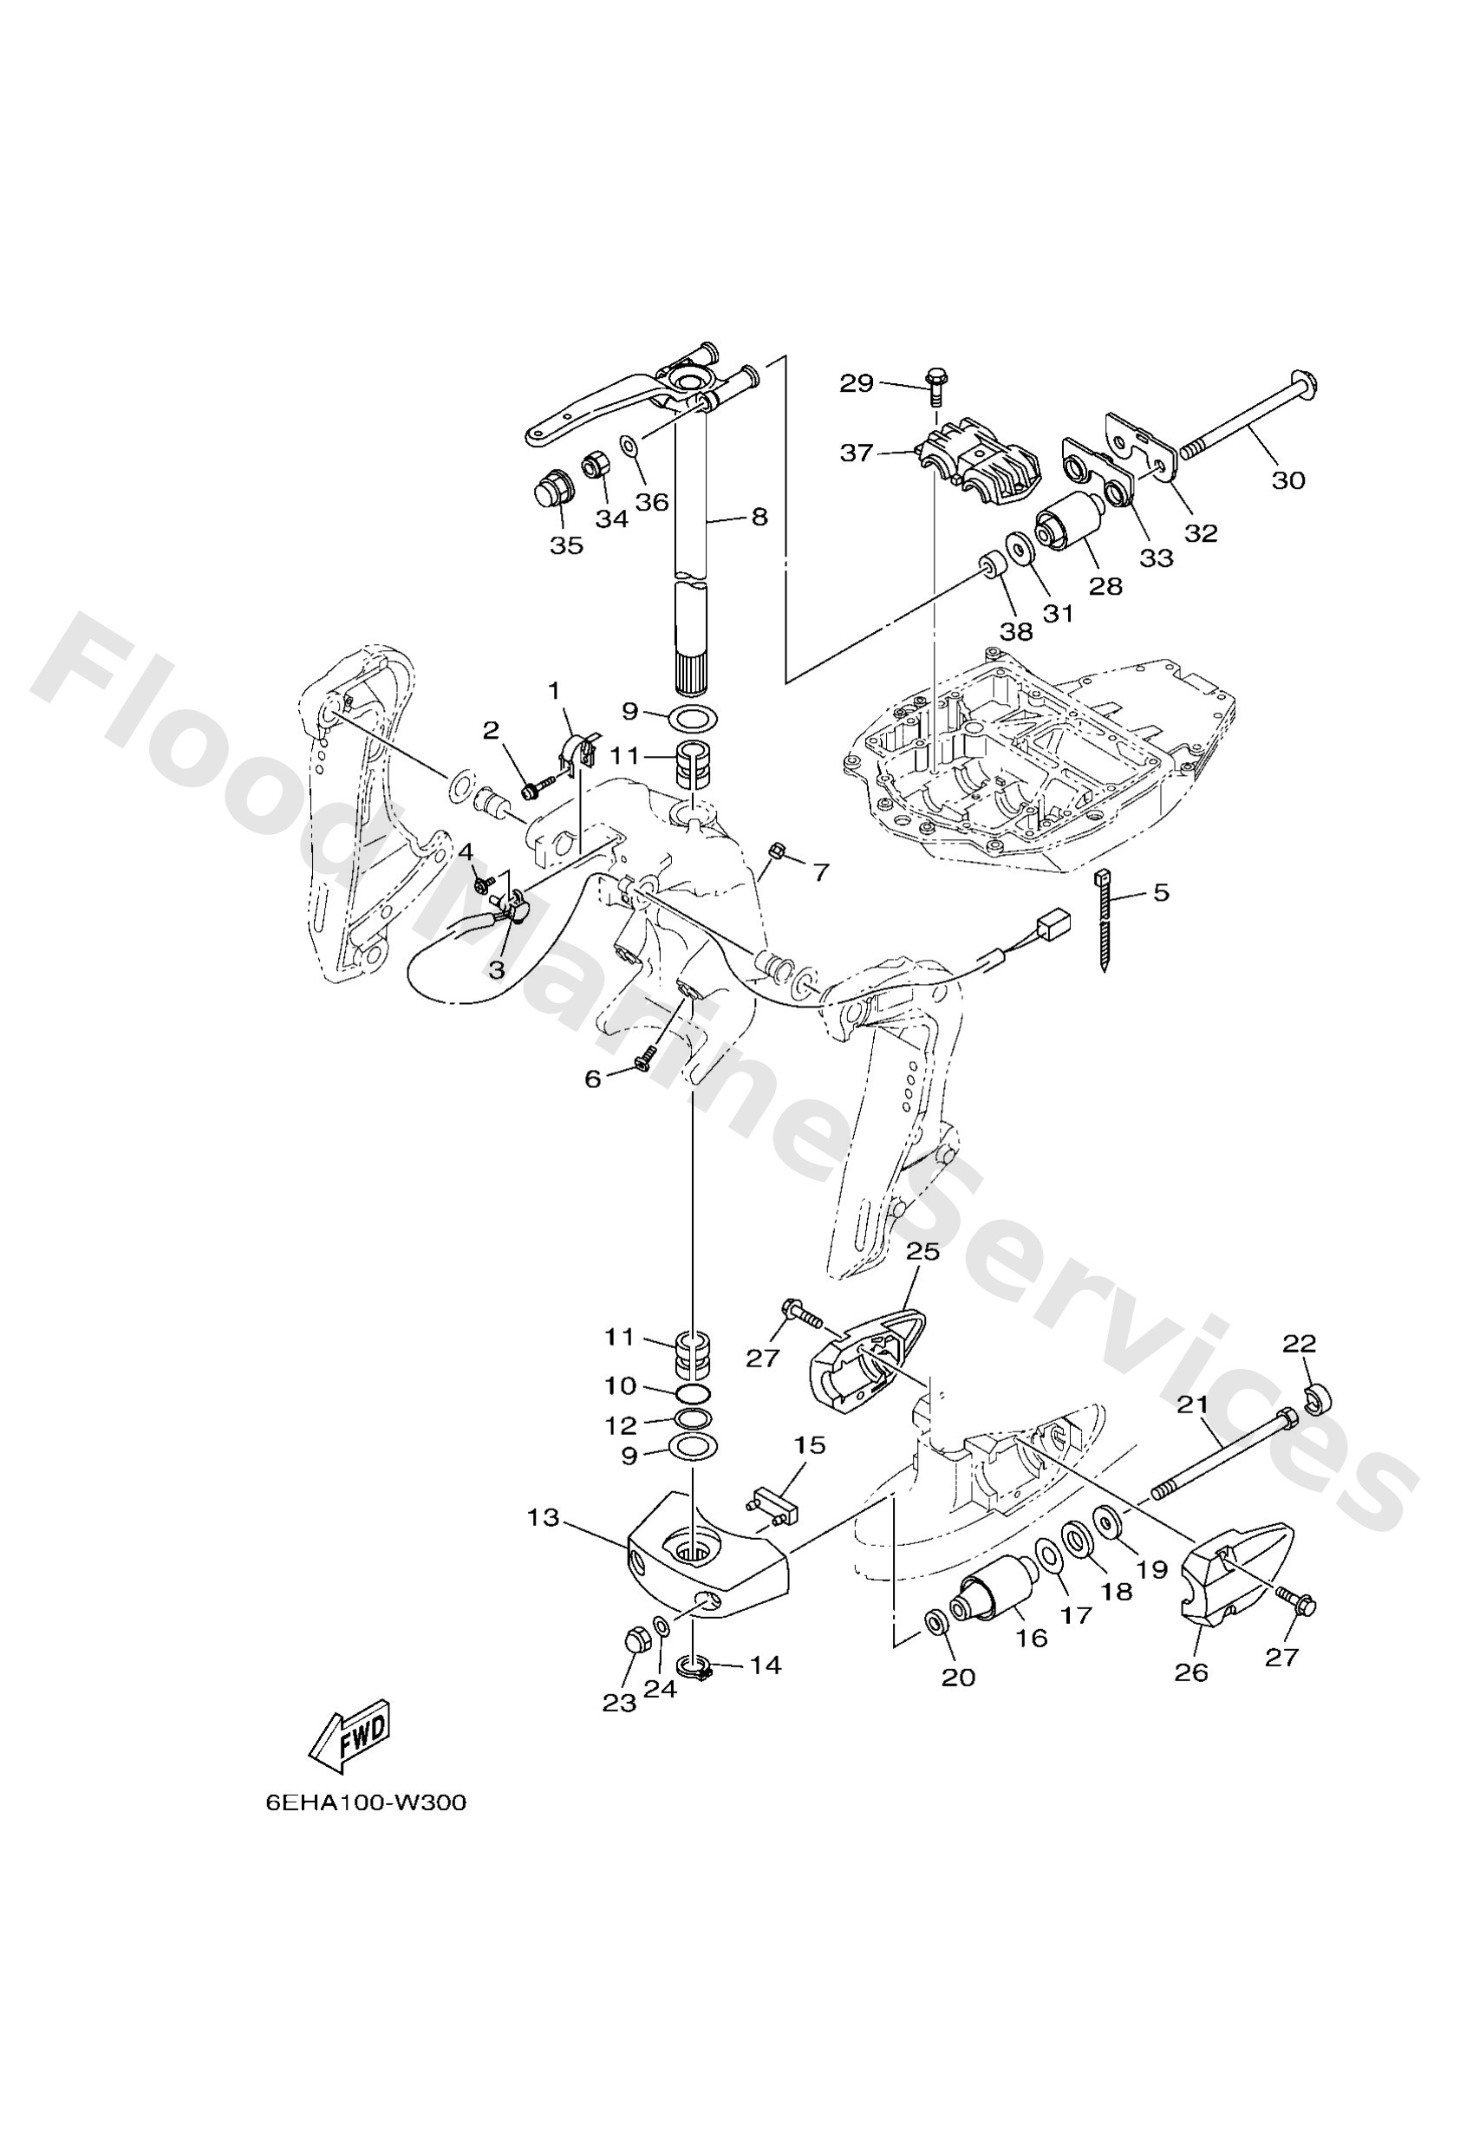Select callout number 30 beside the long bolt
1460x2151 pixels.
pyautogui.click(x=1287, y=479)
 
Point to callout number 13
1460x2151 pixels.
pyautogui.click(x=544, y=1518)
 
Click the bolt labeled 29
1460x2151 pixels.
pyautogui.click(x=933, y=386)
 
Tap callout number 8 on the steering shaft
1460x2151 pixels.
pyautogui.click(x=759, y=517)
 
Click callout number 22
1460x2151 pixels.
pyautogui.click(x=1300, y=1343)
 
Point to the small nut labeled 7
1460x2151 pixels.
pyautogui.click(x=778, y=849)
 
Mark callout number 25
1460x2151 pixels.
pyautogui.click(x=922, y=1252)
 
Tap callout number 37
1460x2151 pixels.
pyautogui.click(x=857, y=453)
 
